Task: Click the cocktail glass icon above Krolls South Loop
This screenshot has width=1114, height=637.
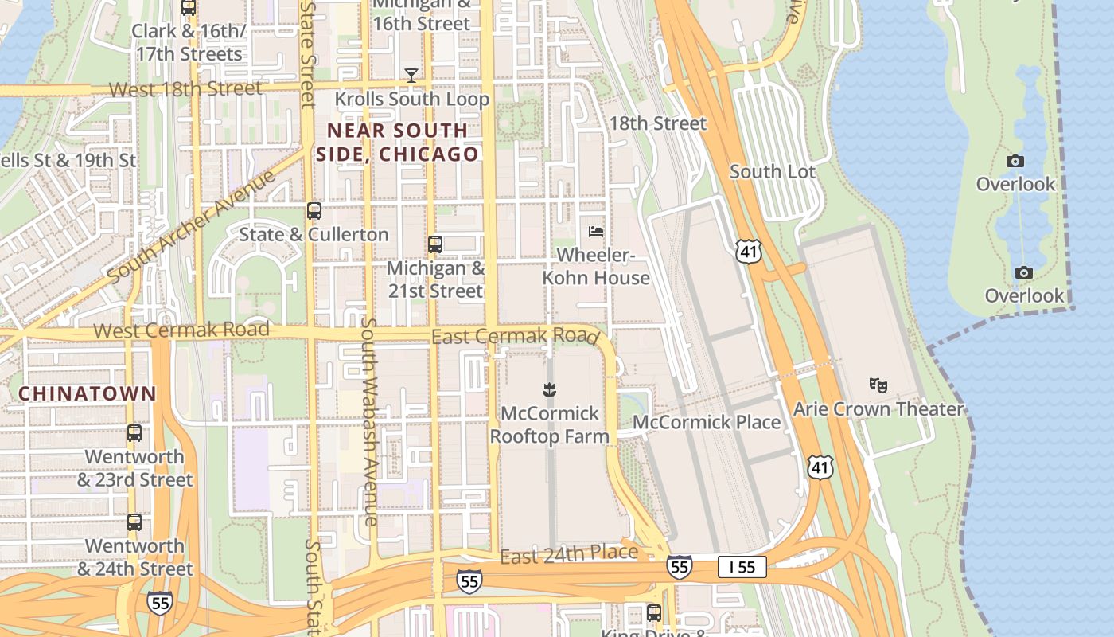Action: [x=411, y=76]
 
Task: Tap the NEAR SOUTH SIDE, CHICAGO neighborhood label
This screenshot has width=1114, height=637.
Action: [x=398, y=142]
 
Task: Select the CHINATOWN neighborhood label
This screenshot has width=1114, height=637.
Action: [x=88, y=393]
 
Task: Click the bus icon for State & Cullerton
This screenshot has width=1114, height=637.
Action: [x=314, y=211]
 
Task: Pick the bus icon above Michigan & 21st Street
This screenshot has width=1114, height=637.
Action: [x=434, y=244]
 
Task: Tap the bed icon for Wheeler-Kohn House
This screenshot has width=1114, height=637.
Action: [x=595, y=232]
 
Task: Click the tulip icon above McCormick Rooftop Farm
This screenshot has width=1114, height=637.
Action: [x=549, y=390]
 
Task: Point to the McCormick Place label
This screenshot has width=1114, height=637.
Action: [x=707, y=422]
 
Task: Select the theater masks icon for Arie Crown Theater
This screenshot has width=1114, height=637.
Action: [x=878, y=385]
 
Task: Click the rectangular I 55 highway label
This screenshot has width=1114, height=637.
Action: [x=742, y=567]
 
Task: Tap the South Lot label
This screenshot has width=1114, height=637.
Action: [x=772, y=171]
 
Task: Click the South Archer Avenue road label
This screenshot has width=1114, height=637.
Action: [x=191, y=225]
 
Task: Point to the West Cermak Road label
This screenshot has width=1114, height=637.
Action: [x=181, y=329]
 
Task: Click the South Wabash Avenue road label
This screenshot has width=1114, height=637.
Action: [x=369, y=422]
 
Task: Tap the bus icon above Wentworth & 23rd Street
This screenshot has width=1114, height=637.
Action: [x=134, y=434]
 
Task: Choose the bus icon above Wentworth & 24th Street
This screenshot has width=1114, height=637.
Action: [x=134, y=522]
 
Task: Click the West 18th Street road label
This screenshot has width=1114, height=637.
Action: [x=185, y=88]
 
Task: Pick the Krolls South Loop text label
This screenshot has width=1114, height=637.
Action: [x=411, y=99]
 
